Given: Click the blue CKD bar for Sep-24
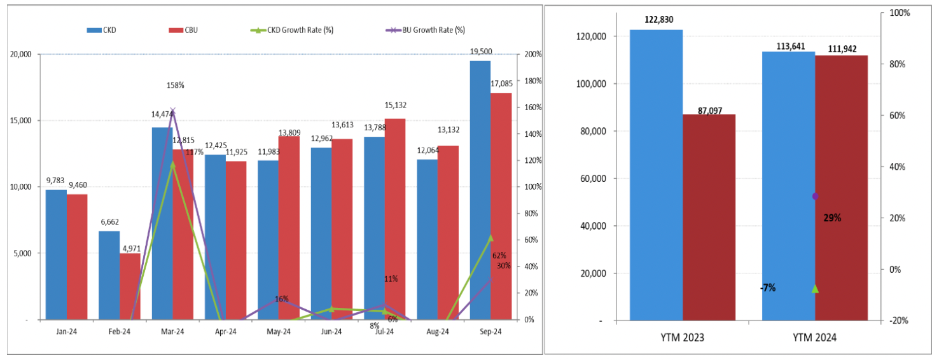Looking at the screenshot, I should [x=480, y=191].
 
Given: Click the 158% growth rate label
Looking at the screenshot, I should [x=175, y=85].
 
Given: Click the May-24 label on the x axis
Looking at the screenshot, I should [x=278, y=331].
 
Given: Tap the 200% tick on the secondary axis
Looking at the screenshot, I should [x=532, y=54].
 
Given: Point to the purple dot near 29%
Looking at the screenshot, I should [x=816, y=196].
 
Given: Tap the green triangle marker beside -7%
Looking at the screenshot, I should [x=815, y=288].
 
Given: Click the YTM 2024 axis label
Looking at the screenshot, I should [x=814, y=338].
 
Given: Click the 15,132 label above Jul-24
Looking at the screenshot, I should [x=395, y=106].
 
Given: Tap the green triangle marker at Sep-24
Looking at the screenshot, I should [x=490, y=238].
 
